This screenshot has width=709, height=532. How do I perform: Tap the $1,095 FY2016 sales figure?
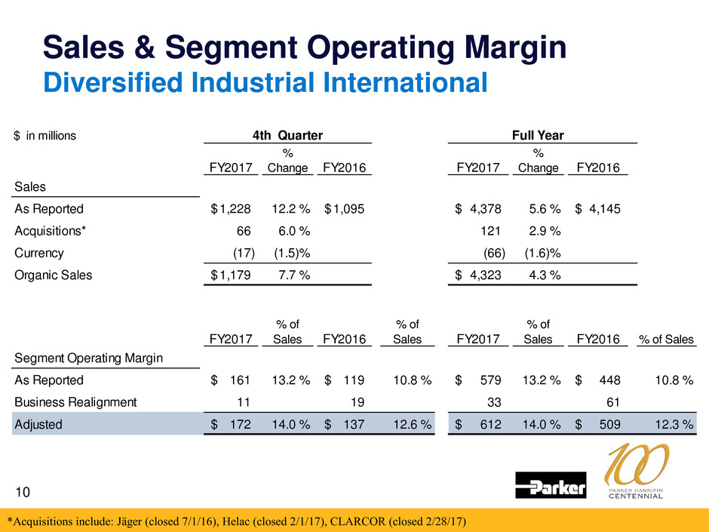[x=345, y=209]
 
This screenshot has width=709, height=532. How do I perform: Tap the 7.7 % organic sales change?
[x=290, y=275]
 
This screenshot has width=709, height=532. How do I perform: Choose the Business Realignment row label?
[x=75, y=402]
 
